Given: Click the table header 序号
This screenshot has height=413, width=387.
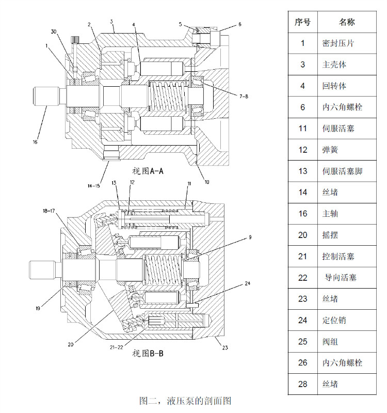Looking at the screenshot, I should [302, 22].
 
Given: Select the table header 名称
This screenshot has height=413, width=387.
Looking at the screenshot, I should [347, 22].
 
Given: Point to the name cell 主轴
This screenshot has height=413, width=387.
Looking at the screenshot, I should [330, 213].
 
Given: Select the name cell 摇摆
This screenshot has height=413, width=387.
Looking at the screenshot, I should [330, 235].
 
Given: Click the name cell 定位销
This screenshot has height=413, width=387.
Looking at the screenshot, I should [334, 320].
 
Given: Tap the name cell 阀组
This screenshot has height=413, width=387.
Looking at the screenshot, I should [330, 341].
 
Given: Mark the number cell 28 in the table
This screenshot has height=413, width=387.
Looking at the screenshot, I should [302, 384].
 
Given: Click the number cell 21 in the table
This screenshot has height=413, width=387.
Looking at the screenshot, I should [302, 256].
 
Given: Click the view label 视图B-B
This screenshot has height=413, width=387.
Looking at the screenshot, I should [148, 353].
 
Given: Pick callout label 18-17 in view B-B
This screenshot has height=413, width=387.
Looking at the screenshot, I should [51, 211].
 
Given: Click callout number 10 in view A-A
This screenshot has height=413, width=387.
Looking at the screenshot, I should [206, 182].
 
